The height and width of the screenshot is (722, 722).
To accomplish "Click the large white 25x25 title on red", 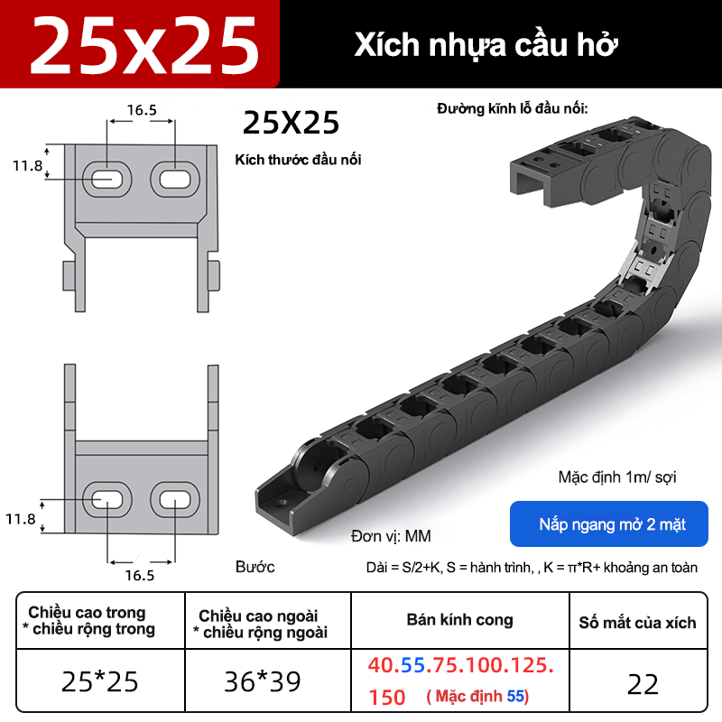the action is [144, 45].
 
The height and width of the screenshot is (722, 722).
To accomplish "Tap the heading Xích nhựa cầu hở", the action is [486, 45].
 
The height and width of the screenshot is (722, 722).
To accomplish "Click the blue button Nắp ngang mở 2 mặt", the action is [608, 524].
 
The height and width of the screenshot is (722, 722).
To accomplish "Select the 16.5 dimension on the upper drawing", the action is [142, 110].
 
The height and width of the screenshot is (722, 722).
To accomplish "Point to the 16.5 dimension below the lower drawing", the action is [140, 575].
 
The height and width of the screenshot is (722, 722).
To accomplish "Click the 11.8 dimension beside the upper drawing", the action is [27, 165].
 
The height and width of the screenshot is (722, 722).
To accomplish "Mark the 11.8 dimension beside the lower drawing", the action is [20, 519].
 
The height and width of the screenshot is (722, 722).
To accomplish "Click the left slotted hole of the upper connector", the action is [107, 179].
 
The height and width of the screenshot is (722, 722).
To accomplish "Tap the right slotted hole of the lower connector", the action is [175, 500].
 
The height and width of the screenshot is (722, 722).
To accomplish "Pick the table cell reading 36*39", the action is [263, 681].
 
